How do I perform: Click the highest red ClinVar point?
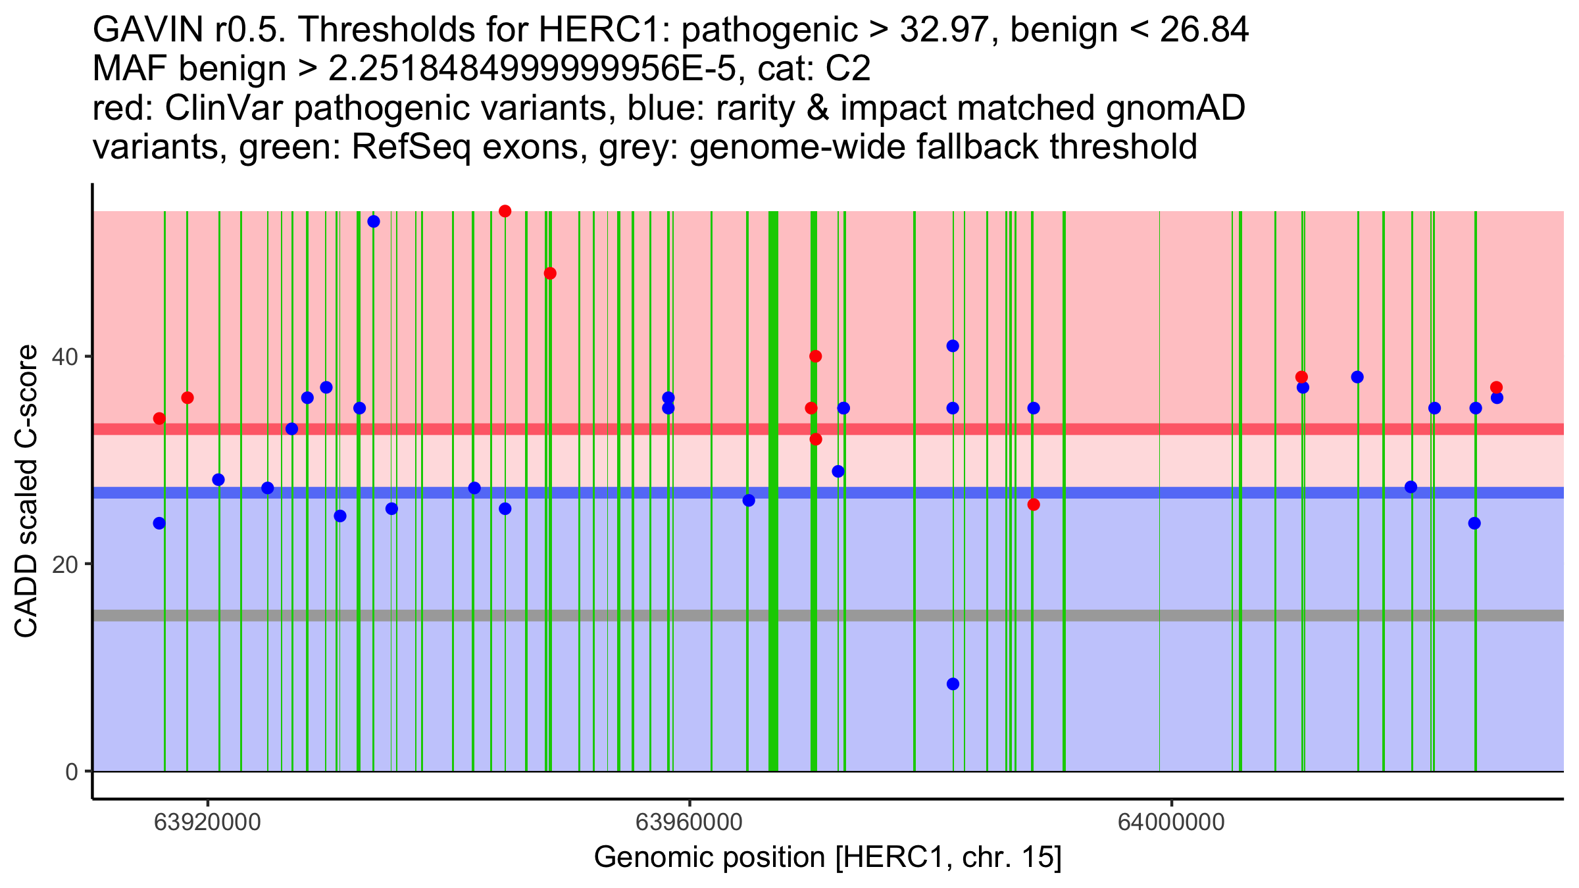pos(505,211)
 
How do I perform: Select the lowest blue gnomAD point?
pos(953,684)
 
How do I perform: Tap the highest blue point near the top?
pos(374,222)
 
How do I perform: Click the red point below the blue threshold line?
pos(1034,505)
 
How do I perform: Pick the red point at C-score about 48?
pos(550,274)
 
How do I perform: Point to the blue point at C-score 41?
pos(953,346)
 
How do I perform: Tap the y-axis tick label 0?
pos(72,772)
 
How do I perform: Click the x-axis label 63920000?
pos(207,822)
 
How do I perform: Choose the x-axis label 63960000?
pos(689,822)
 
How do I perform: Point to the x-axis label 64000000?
pos(1171,822)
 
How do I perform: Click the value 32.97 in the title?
pos(944,30)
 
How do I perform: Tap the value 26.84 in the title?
pos(1203,30)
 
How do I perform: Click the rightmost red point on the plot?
pos(1496,387)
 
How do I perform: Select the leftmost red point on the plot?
pos(159,418)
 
